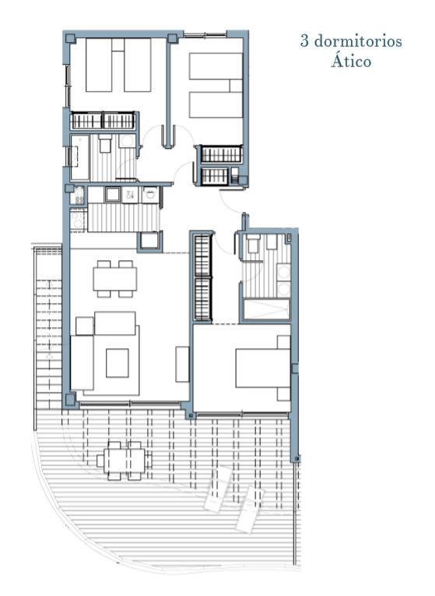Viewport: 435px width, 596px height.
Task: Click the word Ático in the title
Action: point(351,61)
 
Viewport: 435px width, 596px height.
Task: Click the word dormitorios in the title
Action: point(358,41)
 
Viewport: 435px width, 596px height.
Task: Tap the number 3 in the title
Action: point(304,41)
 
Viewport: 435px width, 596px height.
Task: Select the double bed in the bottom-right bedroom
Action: point(263,368)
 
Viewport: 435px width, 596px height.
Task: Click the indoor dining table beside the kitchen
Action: point(115,279)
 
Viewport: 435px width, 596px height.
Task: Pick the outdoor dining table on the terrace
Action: point(125,460)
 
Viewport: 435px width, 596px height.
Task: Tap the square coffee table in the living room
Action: point(118,362)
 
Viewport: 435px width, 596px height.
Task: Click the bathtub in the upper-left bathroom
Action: point(79,157)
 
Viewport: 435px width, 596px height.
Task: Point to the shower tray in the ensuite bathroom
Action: point(266,309)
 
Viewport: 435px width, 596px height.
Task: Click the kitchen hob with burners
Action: point(79,220)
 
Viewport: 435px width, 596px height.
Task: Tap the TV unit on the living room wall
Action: point(182,364)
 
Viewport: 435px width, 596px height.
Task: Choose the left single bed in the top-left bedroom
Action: point(99,65)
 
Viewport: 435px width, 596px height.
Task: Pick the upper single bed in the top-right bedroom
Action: point(216,66)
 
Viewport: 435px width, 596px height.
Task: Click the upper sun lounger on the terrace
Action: point(217,488)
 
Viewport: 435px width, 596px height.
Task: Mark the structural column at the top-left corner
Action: point(70,38)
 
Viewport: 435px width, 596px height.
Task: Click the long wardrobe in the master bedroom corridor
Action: point(202,277)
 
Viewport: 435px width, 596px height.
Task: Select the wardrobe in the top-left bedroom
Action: point(103,121)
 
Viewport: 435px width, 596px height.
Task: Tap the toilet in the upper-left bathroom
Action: point(105,143)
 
